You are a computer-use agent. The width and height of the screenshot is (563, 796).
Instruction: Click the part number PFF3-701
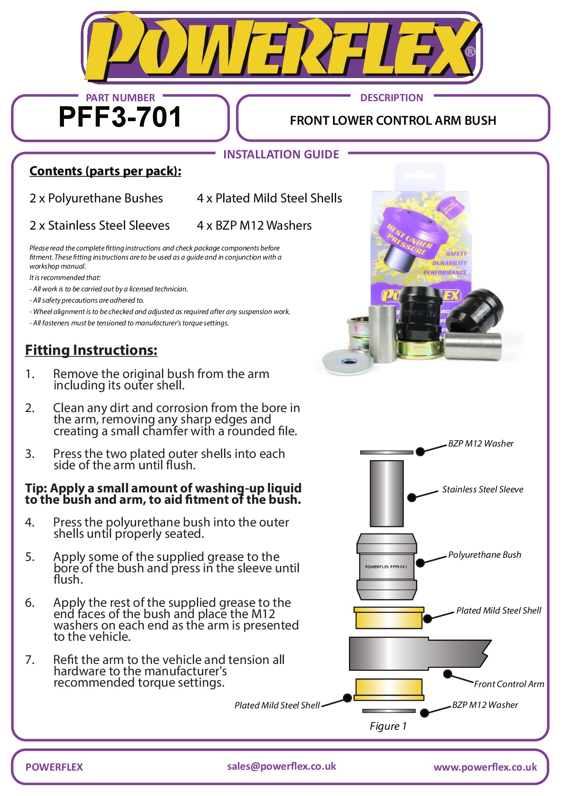tap(120, 117)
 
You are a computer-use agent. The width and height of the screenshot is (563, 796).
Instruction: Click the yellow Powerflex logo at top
tap(281, 48)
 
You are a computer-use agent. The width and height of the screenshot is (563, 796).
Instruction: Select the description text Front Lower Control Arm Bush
tap(393, 121)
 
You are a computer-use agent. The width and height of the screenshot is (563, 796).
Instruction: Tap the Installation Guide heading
tap(281, 155)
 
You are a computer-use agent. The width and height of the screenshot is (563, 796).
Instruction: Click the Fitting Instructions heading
tap(91, 350)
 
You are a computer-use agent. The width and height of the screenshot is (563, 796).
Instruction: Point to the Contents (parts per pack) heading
tap(105, 171)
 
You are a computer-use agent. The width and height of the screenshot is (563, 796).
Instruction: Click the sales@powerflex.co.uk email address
tap(281, 767)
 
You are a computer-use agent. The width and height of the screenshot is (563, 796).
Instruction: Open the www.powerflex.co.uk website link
tap(485, 767)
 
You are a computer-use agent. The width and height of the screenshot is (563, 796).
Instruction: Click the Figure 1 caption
tap(388, 726)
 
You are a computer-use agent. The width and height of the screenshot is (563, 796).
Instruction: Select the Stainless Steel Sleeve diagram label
tap(483, 489)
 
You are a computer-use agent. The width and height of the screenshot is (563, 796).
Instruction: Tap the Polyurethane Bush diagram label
tap(485, 555)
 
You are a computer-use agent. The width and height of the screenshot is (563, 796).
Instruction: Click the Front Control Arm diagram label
tap(509, 684)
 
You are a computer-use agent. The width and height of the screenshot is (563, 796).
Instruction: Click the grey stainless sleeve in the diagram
tap(387, 493)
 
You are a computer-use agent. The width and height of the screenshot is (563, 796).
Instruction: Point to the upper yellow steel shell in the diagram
tap(389, 618)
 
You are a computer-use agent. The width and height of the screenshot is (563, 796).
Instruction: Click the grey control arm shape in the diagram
tap(408, 654)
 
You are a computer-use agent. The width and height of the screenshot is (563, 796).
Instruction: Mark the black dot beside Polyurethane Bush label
tap(420, 563)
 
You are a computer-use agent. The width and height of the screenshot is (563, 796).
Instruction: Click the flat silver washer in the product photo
tap(347, 363)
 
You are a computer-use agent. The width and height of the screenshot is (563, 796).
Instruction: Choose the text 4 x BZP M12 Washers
tap(254, 226)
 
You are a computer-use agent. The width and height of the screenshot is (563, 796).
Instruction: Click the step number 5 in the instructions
tap(29, 557)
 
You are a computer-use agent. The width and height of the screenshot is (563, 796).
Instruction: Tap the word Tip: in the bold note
tap(36, 488)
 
